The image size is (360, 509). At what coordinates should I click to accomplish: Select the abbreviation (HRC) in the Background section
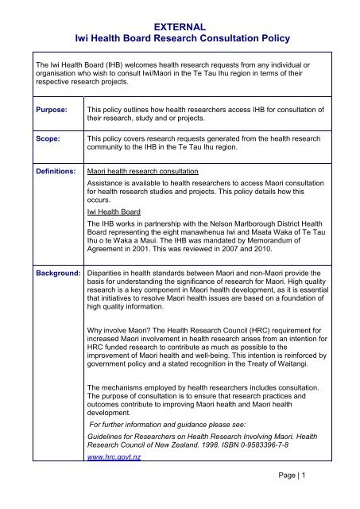247,347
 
